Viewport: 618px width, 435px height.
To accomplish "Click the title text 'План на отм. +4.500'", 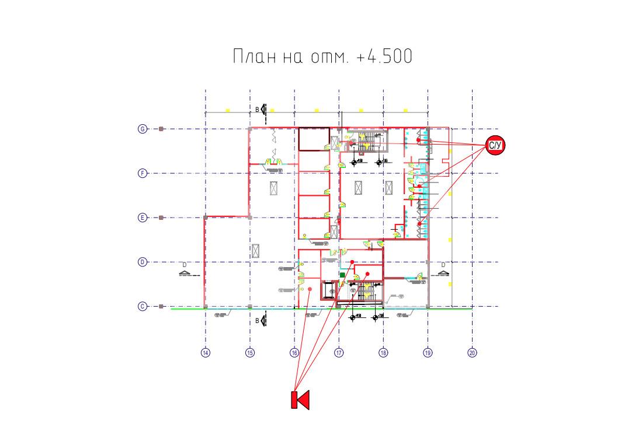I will (x=322, y=57).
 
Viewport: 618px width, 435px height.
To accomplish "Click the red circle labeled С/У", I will (x=495, y=146).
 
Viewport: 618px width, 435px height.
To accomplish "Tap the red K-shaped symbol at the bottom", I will (x=300, y=400).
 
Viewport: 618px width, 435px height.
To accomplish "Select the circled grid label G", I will (x=142, y=129).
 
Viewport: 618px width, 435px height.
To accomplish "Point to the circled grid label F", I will (x=142, y=173).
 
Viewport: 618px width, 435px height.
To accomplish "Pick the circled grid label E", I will (x=142, y=218).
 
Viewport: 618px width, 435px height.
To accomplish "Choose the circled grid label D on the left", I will (x=142, y=262).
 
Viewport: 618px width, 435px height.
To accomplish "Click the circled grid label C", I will (x=142, y=306).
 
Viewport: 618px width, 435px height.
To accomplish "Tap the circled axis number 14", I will (x=206, y=353).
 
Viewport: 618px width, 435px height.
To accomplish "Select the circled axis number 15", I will (x=250, y=353).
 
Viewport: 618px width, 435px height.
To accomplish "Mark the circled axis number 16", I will (x=294, y=353).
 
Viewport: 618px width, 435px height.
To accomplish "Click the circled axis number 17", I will (x=339, y=353).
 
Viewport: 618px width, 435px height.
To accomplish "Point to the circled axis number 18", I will (x=383, y=353).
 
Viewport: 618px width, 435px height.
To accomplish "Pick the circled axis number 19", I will (x=428, y=353).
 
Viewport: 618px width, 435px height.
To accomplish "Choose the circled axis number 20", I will (x=472, y=353).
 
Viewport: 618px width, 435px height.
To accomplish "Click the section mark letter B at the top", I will (x=256, y=109).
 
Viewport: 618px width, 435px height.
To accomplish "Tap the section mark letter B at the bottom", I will (x=256, y=321).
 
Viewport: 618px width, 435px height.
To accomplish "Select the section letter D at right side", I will (x=443, y=264).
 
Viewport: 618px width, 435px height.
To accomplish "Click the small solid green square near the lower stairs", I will (x=343, y=274).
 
